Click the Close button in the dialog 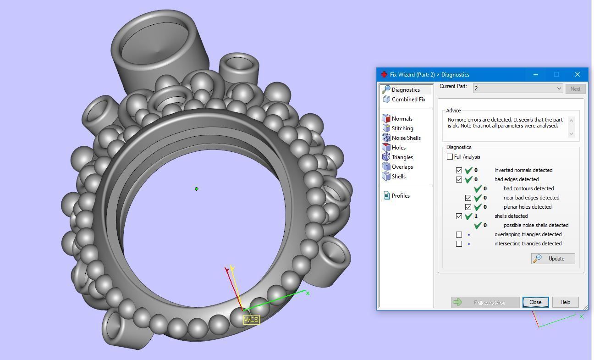(x=535, y=302)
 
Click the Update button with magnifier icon (x=553, y=259)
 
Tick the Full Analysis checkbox (x=450, y=157)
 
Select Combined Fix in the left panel (x=408, y=100)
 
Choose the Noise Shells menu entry (x=406, y=138)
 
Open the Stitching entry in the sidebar (x=402, y=128)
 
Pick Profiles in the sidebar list (x=401, y=196)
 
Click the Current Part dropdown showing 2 (x=517, y=89)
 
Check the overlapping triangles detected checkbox (x=459, y=234)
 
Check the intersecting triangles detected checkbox (x=459, y=244)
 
